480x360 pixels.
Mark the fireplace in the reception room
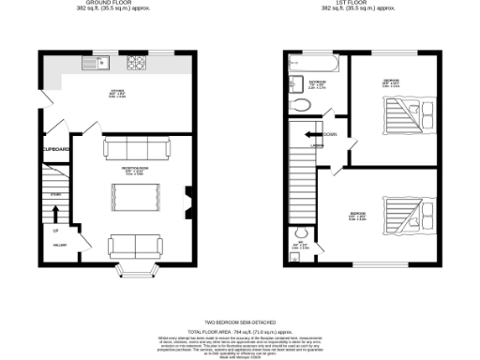pos(190,200)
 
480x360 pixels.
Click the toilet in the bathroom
pos(299,107)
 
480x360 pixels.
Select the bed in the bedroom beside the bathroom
pos(405,115)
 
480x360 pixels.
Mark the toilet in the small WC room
pos(302,232)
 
